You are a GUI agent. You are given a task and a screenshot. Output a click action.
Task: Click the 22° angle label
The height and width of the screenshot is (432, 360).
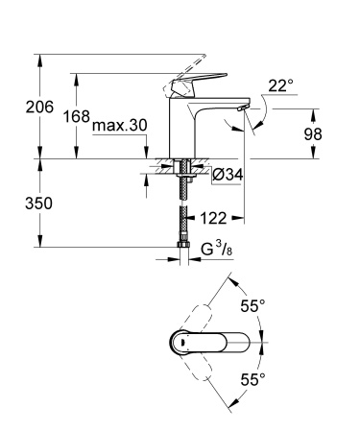click(x=279, y=86)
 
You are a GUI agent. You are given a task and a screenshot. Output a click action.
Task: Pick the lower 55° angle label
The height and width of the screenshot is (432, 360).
click(x=252, y=381)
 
